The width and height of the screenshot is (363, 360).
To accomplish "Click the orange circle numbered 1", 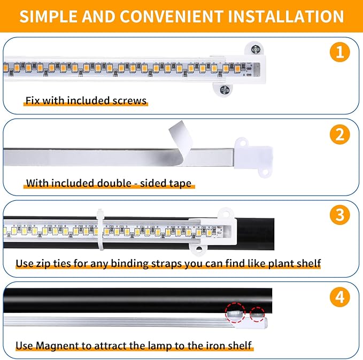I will click(x=339, y=53).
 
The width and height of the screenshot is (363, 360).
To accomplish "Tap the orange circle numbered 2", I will click(x=339, y=136).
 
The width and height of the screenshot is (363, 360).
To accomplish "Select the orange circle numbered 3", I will click(x=339, y=216).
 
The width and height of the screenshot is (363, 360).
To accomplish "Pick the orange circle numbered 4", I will click(x=339, y=297).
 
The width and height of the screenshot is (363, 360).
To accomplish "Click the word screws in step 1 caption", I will click(x=130, y=100).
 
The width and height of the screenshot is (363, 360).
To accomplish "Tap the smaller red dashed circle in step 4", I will click(x=257, y=314).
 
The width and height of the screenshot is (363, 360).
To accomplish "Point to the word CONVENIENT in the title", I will click(x=168, y=16).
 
